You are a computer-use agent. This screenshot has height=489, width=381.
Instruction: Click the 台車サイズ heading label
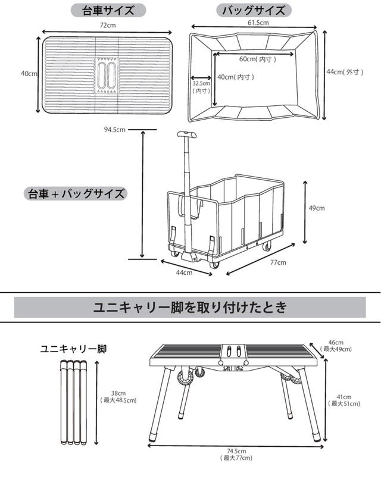coord(107,11)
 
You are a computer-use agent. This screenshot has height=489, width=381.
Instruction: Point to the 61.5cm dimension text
coord(257,23)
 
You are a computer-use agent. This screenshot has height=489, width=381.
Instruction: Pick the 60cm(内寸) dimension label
coord(257,59)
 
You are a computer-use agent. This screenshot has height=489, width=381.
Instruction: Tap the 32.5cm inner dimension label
coord(201,87)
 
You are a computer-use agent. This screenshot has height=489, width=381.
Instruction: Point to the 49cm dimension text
coord(316,208)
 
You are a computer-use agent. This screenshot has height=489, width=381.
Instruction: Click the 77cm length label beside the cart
coord(278,262)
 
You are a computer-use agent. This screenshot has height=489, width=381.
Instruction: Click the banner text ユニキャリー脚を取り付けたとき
coord(190,308)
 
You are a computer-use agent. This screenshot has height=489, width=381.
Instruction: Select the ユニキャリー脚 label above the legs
coord(70,349)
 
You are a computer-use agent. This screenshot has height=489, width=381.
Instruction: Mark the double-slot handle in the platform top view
coord(108,76)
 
